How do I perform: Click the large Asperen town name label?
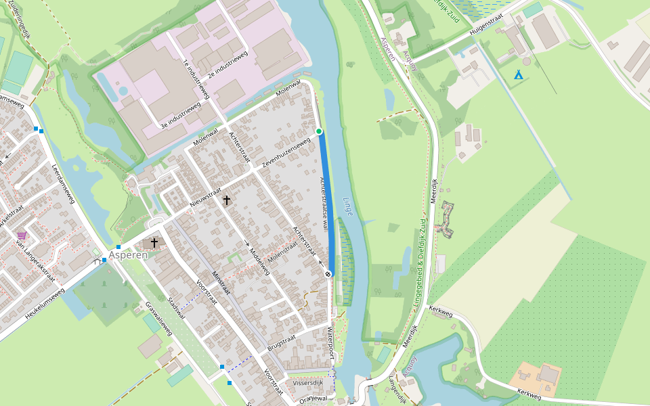click(x=128, y=255)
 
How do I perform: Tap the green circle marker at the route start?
click(x=319, y=131)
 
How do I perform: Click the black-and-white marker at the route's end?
click(x=328, y=274)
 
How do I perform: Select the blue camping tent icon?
click(x=519, y=74)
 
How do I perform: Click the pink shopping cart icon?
click(x=22, y=235)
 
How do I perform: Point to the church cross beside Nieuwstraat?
click(x=226, y=200)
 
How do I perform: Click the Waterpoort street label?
click(x=330, y=343)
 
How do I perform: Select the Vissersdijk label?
click(x=308, y=383)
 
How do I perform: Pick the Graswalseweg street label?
click(x=158, y=318)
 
